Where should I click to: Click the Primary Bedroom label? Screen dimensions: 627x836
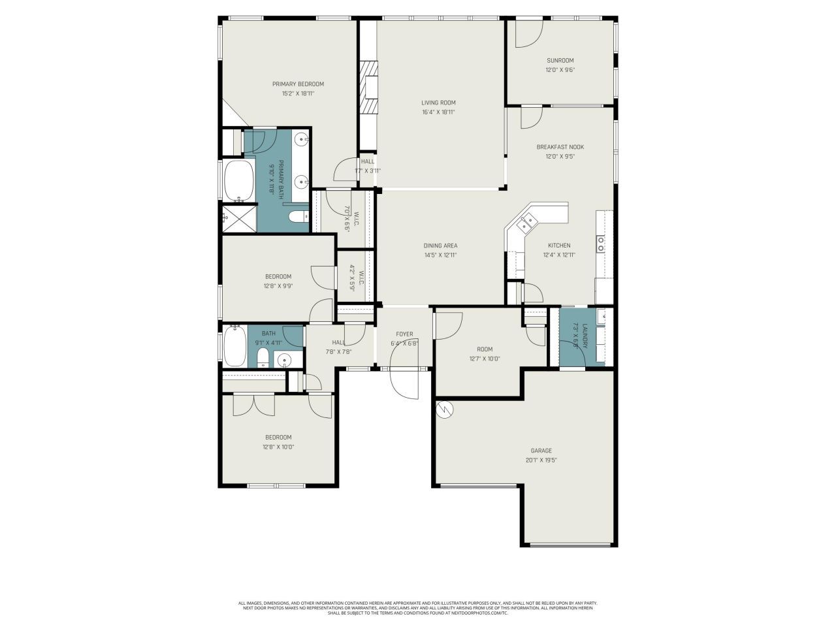[298, 84]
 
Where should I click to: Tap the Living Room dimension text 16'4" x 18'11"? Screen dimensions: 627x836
[438, 112]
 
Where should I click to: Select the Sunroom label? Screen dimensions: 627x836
[560, 60]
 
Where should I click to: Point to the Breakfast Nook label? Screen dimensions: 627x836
[560, 147]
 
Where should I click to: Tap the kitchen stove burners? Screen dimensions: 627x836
[600, 244]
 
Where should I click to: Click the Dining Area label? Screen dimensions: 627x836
[440, 246]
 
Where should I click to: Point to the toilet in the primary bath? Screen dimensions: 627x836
[298, 217]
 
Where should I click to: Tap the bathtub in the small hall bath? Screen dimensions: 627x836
[234, 347]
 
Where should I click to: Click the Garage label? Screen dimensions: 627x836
[541, 451]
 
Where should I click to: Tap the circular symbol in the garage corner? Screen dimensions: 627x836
[444, 409]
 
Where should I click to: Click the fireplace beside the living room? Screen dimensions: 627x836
[370, 88]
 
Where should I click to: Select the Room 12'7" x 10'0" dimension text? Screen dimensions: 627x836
[485, 359]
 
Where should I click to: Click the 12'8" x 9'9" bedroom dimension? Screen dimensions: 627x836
[278, 286]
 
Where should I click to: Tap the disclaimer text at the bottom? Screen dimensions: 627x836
[418, 608]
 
